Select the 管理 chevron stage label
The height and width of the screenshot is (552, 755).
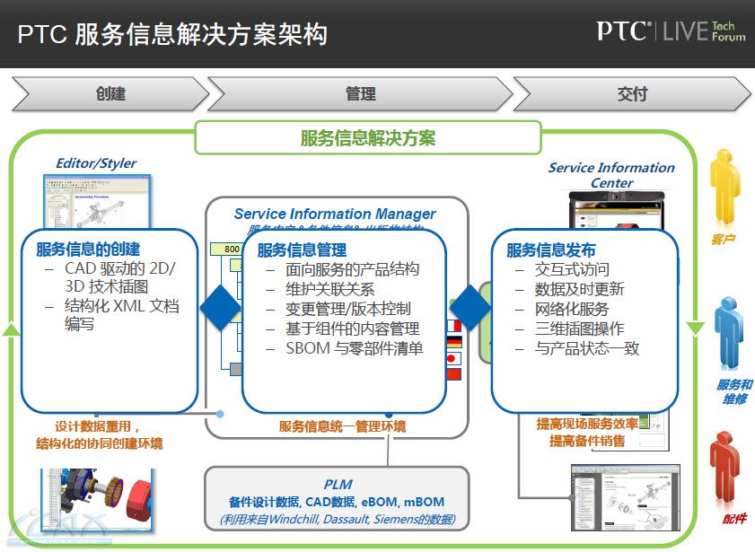click(x=360, y=94)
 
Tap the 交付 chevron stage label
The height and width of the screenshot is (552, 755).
click(x=632, y=94)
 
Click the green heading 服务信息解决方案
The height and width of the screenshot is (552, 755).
click(x=368, y=138)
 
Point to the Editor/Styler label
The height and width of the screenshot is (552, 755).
click(x=96, y=163)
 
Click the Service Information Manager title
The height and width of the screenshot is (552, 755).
click(x=335, y=214)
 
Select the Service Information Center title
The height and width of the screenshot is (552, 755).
click(x=611, y=175)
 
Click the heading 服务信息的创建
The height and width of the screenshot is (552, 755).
click(x=88, y=249)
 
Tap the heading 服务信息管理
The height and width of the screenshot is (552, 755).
click(x=302, y=250)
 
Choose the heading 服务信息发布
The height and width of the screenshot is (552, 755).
click(x=550, y=250)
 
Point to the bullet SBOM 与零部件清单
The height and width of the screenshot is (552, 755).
click(x=354, y=348)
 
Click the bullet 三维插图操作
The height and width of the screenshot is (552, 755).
click(x=579, y=329)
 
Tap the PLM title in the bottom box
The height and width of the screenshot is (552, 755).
click(x=338, y=485)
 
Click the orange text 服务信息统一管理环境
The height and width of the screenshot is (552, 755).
click(x=342, y=425)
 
